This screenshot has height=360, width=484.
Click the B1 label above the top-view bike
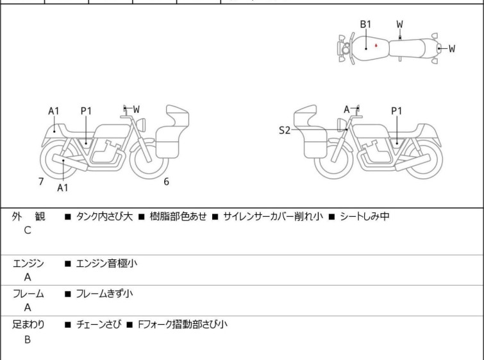coord(366,24)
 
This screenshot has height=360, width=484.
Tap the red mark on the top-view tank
coord(376,46)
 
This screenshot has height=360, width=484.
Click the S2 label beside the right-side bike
coord(285,130)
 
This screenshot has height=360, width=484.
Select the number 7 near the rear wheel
coord(41,182)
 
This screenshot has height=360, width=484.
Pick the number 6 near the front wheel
coord(167,182)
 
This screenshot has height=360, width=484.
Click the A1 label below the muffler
coord(63,187)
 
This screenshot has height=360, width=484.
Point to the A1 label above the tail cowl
coord(54,111)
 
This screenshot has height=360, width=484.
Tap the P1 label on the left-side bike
coord(86,111)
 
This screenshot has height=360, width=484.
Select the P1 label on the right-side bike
coord(397,111)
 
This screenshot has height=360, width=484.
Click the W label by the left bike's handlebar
coord(137,109)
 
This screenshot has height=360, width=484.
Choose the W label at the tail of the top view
coord(452,49)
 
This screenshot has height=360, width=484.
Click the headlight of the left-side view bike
coord(142,124)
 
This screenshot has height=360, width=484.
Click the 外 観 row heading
coord(28,216)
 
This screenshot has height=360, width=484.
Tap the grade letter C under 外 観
coord(28,230)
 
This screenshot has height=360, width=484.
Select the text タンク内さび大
coord(104,216)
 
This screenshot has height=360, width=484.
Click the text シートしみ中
coord(365,216)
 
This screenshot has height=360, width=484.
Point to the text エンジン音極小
coord(106,263)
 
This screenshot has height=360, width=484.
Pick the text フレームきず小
coord(104,293)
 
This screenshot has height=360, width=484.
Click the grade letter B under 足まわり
coord(28,339)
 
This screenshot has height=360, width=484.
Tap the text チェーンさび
coord(99,324)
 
